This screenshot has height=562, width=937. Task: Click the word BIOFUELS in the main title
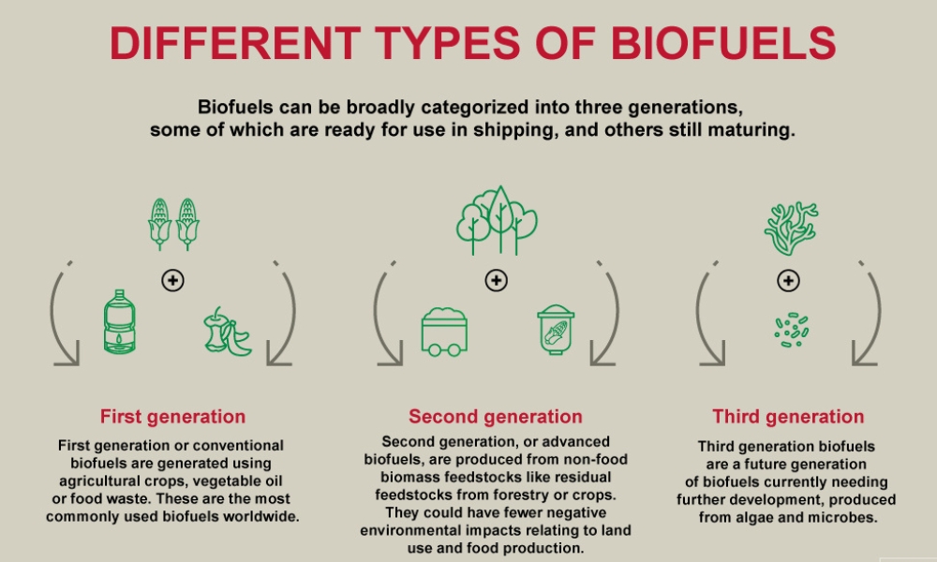723,43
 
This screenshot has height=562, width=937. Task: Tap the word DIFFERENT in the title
235,43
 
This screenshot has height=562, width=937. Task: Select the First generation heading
172,416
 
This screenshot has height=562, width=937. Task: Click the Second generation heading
496,416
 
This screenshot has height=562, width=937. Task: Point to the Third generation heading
788,416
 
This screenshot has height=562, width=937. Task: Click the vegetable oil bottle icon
120,321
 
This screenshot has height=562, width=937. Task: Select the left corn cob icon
159,224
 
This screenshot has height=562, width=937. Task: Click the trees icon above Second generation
497,220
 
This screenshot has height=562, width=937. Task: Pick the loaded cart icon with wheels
444,333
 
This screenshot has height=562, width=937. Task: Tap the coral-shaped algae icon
791,229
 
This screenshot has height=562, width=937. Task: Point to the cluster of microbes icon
791,330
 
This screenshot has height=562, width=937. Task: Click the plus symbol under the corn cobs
172,280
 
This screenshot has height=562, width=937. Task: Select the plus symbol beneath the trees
496,280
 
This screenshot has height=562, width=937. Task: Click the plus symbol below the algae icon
788,280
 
